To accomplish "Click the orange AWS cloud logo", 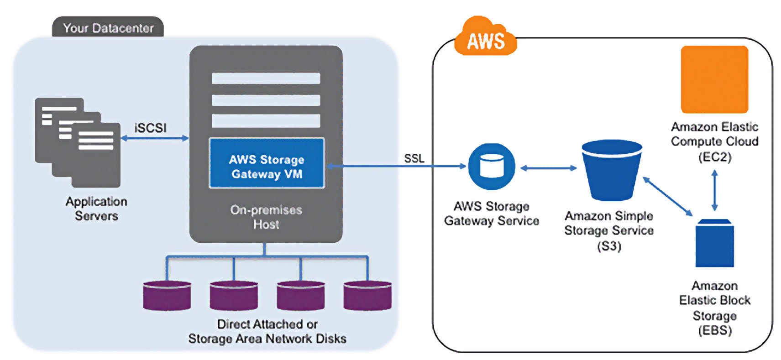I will [x=486, y=39].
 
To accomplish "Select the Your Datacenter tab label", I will [x=108, y=28].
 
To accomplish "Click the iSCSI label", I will [x=151, y=128].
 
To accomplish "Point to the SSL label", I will [x=414, y=158].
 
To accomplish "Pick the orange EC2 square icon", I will [x=714, y=79].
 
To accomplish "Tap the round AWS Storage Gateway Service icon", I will [x=492, y=167].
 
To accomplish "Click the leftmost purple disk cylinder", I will [x=167, y=296].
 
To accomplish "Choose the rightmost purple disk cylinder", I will [x=367, y=296].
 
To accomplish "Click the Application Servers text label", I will [x=96, y=209].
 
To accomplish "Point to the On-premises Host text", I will [x=266, y=217].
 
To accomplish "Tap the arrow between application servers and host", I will [x=155, y=138].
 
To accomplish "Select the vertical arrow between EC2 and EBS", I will [x=715, y=190].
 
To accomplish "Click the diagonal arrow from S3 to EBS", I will [x=668, y=196].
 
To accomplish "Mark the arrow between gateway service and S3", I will [x=548, y=168].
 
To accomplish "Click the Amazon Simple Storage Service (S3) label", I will [x=609, y=230].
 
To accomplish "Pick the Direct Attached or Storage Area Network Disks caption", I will [x=267, y=331].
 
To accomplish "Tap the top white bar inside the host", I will [x=266, y=78].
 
